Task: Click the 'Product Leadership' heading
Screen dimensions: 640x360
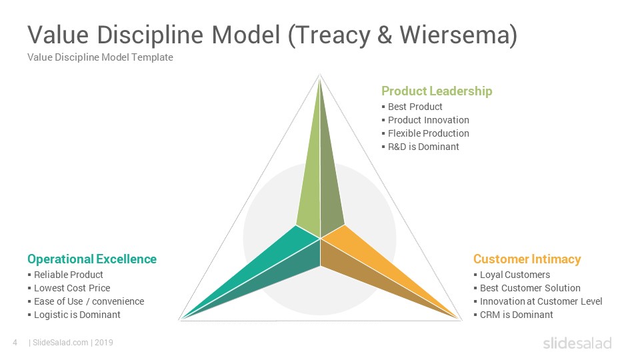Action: (x=437, y=91)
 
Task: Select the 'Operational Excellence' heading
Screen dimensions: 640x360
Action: (x=92, y=259)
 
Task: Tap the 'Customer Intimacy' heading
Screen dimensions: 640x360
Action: (x=527, y=259)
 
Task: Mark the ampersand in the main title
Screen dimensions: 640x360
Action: (x=385, y=35)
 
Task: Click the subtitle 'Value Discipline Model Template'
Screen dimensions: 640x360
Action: (x=100, y=57)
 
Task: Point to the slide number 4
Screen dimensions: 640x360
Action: (x=15, y=343)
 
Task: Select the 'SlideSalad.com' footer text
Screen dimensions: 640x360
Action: (x=60, y=343)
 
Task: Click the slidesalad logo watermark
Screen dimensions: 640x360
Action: (x=577, y=343)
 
